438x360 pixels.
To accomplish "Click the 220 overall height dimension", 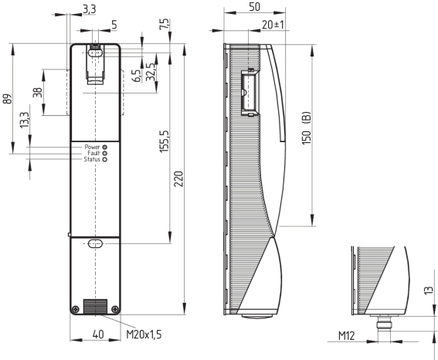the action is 178,178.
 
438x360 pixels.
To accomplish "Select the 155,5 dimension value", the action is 165,141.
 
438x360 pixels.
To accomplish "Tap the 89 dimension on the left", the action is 8,99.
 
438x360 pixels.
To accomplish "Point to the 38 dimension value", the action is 38,92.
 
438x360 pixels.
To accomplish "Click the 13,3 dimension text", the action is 25,120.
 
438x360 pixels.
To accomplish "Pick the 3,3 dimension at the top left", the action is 89,9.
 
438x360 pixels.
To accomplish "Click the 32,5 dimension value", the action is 151,72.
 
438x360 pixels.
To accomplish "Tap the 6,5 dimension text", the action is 137,76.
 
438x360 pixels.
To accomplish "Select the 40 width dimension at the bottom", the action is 98,334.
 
